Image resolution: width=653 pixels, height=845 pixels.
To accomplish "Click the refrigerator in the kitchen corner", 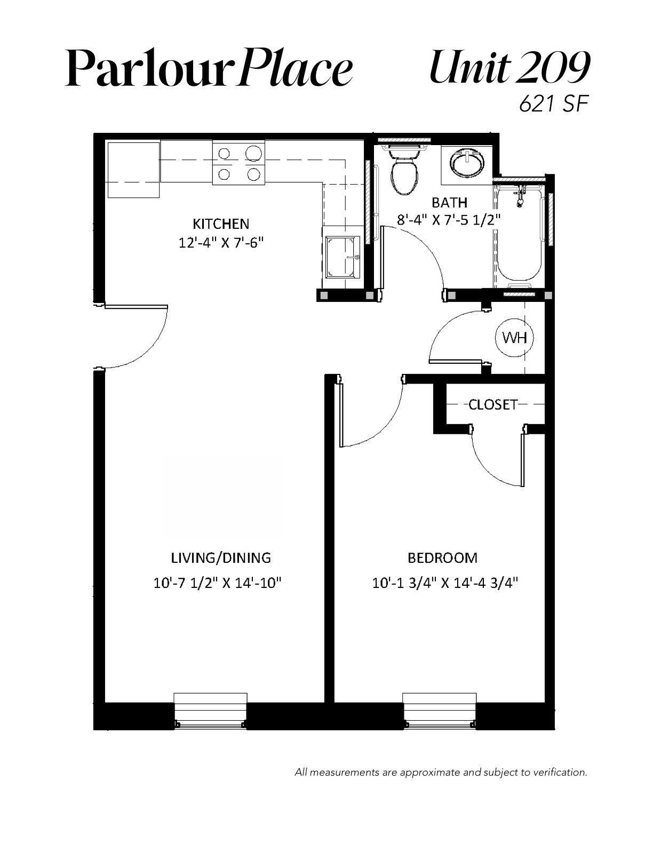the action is click(133, 170).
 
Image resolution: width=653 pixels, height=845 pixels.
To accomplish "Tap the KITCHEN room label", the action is click(221, 224).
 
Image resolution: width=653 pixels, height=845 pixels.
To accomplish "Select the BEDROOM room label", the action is click(442, 558).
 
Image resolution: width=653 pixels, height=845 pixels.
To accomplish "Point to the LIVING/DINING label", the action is click(221, 558).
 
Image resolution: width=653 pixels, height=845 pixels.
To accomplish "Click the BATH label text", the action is click(450, 203).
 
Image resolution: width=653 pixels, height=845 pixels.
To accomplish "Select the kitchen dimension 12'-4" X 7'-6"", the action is click(221, 243).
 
